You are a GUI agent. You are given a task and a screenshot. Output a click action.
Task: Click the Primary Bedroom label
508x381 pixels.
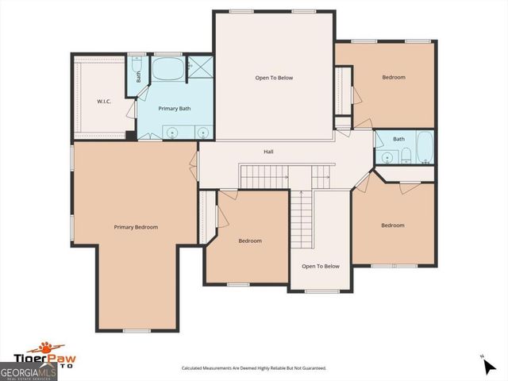tap(136, 227)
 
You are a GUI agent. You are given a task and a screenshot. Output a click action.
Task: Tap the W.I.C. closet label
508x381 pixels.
tap(104, 102)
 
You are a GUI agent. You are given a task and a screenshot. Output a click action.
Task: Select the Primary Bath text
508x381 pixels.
tap(174, 108)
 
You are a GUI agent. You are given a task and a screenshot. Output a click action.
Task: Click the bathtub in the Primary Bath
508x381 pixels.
tap(167, 69)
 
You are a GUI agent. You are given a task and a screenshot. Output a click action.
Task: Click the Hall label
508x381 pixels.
tap(270, 151)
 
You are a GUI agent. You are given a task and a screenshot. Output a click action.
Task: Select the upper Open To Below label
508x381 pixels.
tap(274, 78)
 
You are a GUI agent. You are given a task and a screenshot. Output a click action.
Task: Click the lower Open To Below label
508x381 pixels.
tap(321, 266)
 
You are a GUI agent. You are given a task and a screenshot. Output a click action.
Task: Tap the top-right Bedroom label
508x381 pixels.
tap(394, 77)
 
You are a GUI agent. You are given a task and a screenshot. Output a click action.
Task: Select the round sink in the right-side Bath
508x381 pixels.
tap(388, 157)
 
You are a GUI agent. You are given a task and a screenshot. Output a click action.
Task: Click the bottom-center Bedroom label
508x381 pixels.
tap(250, 241)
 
